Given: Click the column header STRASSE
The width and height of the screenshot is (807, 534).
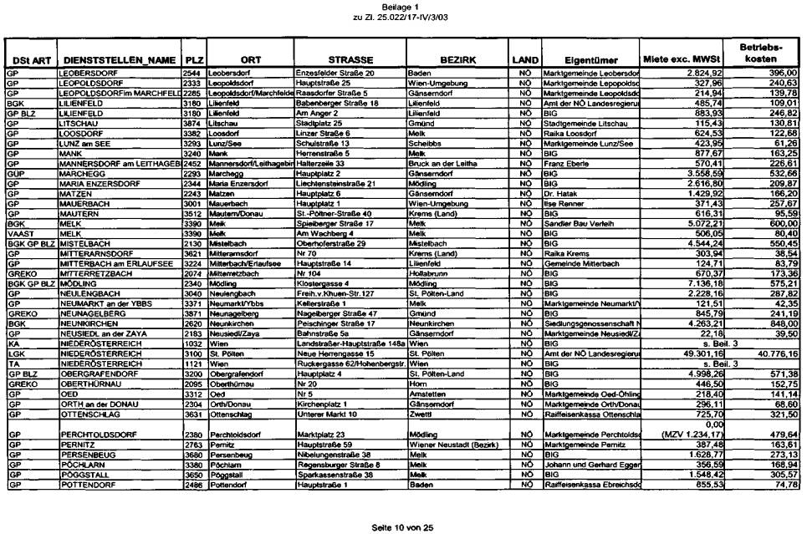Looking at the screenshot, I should pos(350,60).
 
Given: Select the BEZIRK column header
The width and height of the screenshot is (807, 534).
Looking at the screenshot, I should pos(457,60).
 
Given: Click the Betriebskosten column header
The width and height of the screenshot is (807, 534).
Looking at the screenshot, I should pos(761,54).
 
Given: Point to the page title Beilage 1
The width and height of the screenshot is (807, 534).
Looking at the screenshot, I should pos(403,6).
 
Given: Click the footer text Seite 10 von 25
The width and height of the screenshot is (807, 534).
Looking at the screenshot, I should pos(403,504).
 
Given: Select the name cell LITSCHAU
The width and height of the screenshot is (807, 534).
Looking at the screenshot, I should pos(78,123).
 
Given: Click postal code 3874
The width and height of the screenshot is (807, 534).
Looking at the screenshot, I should pos(192,123).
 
